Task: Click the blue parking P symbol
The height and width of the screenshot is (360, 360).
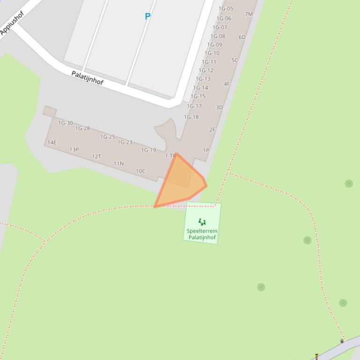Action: click(147, 16)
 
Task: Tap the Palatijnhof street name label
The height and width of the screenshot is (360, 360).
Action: click(87, 78)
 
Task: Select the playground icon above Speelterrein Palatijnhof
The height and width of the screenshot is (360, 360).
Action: click(202, 222)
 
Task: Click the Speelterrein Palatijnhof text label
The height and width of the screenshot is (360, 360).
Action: click(202, 234)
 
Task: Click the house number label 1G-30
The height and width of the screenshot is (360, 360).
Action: click(66, 123)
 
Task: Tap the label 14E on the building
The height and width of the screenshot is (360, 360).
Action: click(52, 143)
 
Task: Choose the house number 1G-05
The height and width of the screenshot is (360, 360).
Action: click(226, 8)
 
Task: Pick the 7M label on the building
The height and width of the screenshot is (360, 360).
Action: click(249, 14)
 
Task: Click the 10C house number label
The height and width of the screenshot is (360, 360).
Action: click(140, 171)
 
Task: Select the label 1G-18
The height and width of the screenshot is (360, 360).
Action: click(191, 117)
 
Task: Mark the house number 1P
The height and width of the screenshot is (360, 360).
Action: click(206, 151)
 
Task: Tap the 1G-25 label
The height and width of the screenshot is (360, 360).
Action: click(108, 137)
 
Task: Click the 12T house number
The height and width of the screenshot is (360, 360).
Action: click(96, 157)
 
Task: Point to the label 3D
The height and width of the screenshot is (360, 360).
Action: click(219, 108)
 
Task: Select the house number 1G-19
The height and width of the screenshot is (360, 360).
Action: click(148, 150)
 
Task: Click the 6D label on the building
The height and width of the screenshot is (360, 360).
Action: click(242, 37)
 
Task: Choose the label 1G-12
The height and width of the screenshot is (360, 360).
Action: click(206, 71)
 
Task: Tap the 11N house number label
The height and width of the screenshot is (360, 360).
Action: click(118, 164)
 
